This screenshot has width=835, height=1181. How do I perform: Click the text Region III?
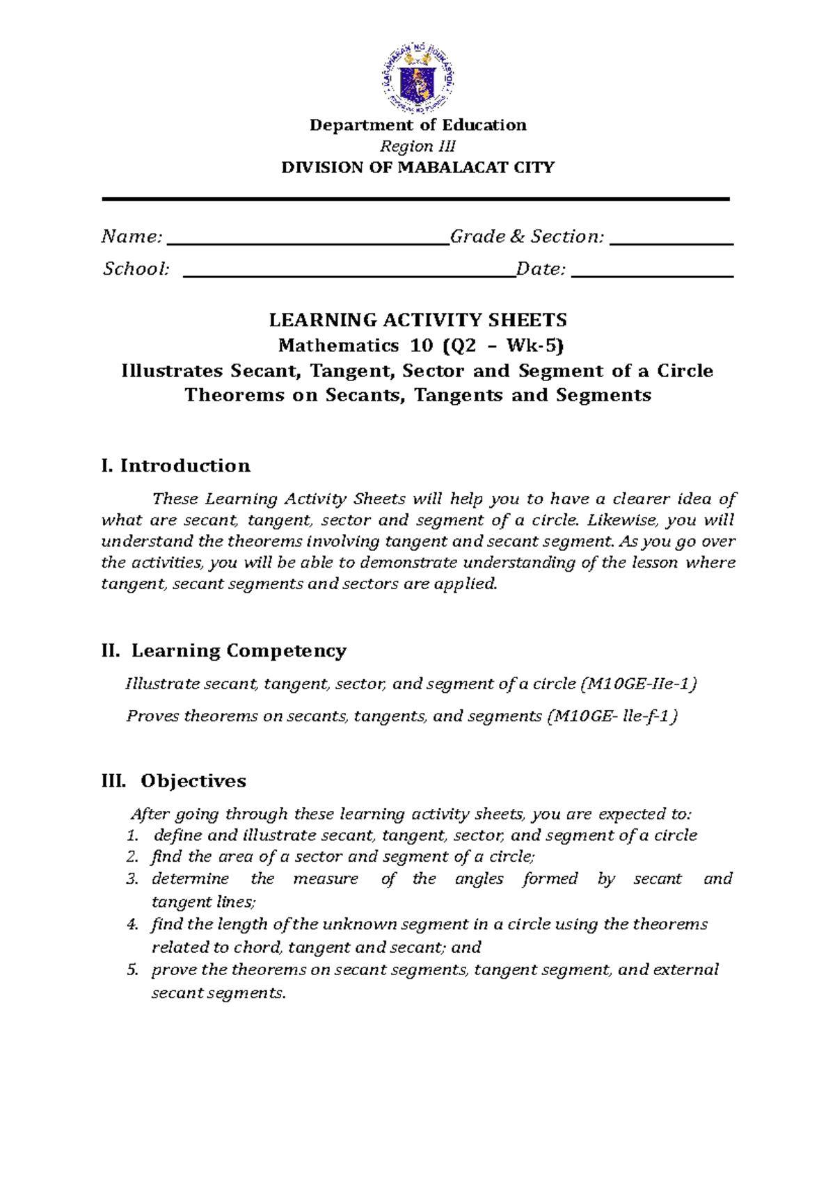click(x=417, y=146)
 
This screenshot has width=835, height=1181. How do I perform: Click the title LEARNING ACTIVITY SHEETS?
click(x=417, y=321)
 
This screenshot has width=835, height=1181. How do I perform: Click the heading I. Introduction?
click(x=175, y=466)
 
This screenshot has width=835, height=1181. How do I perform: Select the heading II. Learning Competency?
click(x=223, y=651)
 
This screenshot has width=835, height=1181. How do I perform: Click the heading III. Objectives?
click(x=173, y=781)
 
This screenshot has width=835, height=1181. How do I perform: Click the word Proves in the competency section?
click(x=152, y=716)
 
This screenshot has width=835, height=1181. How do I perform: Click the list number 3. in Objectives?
click(x=132, y=879)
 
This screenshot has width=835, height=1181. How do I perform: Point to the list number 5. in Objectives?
click(x=132, y=970)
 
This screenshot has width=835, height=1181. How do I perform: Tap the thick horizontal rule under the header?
click(x=415, y=200)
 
